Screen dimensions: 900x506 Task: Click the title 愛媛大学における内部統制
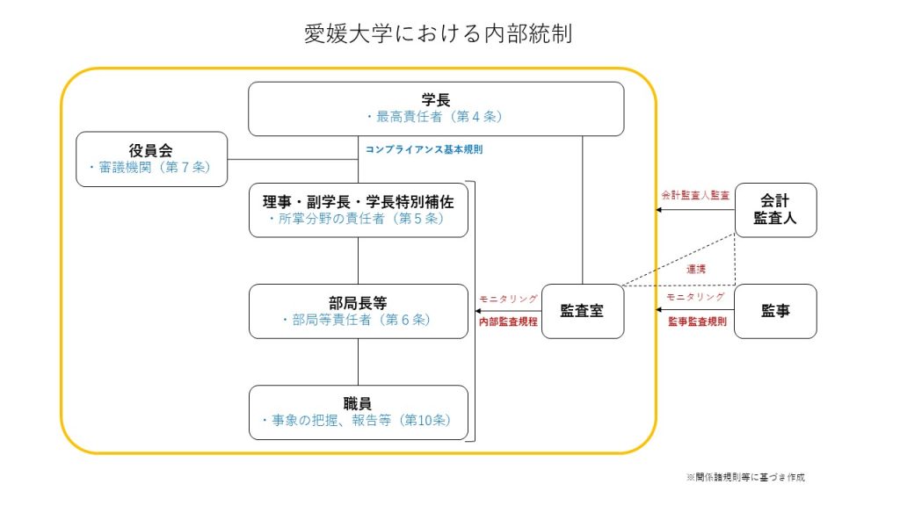tap(438, 33)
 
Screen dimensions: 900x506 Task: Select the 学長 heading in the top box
tap(436, 100)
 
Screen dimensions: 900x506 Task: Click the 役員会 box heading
tap(151, 150)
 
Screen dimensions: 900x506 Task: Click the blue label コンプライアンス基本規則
tap(425, 149)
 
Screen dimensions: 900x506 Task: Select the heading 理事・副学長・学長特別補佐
tap(359, 201)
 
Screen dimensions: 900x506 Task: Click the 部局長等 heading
tap(359, 303)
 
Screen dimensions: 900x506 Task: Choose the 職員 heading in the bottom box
tap(358, 403)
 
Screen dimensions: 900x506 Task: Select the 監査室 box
tap(583, 311)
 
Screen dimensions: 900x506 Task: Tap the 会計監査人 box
tap(775, 210)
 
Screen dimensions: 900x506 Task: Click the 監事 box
tap(775, 311)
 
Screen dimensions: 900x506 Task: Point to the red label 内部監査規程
tap(508, 322)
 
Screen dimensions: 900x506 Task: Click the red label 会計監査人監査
tap(695, 195)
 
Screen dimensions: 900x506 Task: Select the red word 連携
tap(696, 269)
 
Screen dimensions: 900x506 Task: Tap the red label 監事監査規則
tap(697, 322)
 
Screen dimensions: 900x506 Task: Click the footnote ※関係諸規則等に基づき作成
tap(745, 477)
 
